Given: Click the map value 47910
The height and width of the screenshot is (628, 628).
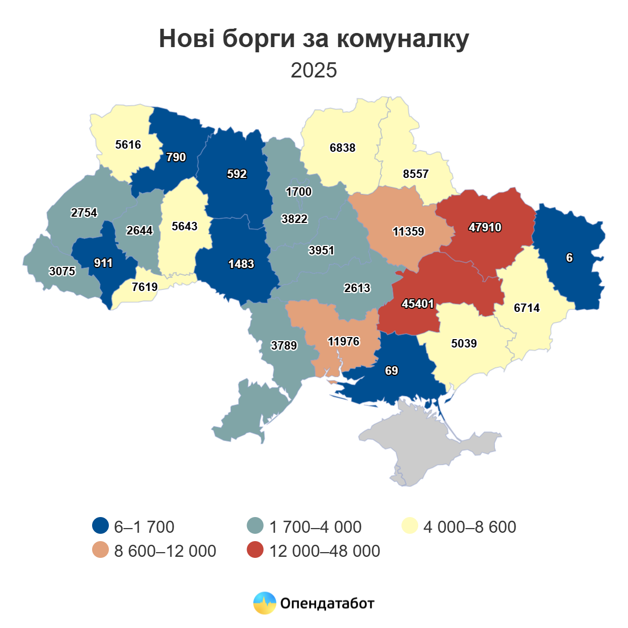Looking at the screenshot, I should point(485,228).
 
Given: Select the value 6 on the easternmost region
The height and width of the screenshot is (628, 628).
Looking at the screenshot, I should point(569,257).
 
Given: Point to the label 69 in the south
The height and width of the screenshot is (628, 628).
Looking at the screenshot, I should point(391,371).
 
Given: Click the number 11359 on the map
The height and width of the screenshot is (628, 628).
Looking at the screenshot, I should point(408,231).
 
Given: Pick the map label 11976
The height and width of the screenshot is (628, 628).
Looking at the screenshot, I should point(343,342).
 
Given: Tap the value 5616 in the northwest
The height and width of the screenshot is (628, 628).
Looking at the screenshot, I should point(128,144).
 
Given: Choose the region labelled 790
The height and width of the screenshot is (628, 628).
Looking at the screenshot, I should point(176,157).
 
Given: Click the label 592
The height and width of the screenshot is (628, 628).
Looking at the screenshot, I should point(237,174).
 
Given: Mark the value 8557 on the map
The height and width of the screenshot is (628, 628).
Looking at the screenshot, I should point(416,174).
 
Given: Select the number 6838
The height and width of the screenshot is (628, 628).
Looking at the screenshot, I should point(342,148).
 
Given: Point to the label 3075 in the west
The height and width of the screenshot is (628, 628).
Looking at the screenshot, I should point(62,271).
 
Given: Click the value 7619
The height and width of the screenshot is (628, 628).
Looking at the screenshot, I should point(145,287).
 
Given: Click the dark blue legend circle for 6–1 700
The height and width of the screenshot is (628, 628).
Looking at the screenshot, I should point(100,526).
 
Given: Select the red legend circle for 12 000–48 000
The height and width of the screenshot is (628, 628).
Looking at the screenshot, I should point(255,550).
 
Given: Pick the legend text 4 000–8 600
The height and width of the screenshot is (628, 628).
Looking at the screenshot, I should point(469,526).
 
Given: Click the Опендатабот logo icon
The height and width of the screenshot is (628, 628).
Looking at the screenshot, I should point(264,603).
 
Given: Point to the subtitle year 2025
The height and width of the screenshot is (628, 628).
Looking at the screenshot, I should point(314,70).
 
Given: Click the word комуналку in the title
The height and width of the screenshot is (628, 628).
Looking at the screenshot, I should point(402,39).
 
